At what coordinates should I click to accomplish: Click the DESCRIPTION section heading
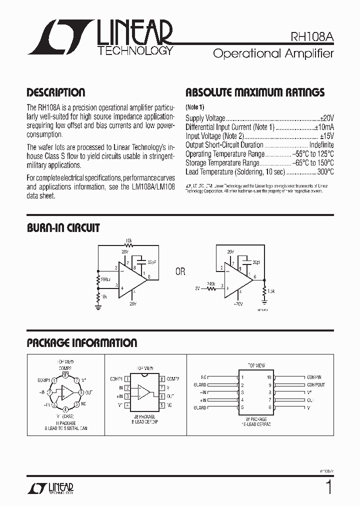tap(55, 92)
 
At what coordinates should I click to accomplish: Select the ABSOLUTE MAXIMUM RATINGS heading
tap(255, 92)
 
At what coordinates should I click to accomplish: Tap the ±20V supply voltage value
tap(326, 118)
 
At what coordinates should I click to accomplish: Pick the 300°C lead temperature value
tap(325, 172)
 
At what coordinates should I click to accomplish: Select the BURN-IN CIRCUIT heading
tap(63, 228)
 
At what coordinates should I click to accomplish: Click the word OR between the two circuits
tap(180, 272)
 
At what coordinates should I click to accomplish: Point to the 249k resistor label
tap(211, 284)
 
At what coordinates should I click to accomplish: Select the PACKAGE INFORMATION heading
tap(81, 343)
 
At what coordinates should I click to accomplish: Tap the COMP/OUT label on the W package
tap(315, 385)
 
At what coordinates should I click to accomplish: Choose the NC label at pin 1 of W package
tap(203, 377)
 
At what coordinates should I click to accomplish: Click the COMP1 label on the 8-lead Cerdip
tap(116, 378)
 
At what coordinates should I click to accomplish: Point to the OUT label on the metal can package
tap(88, 392)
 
